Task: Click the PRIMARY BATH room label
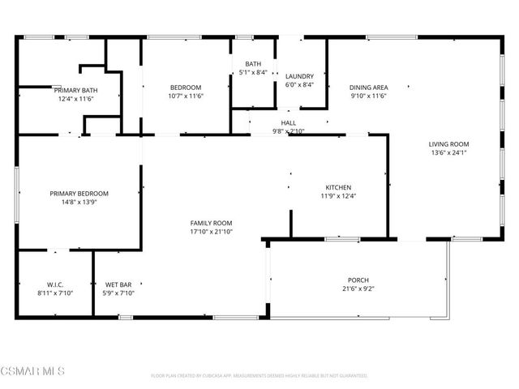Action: (x=76, y=90)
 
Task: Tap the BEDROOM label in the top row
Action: (x=186, y=88)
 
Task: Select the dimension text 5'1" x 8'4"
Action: (x=253, y=72)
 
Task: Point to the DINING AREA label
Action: (x=368, y=88)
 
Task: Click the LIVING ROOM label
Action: (x=448, y=144)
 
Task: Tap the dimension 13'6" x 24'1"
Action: (x=448, y=152)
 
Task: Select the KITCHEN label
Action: (x=338, y=187)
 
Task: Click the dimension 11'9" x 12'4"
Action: (x=338, y=195)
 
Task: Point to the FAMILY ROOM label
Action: (x=211, y=223)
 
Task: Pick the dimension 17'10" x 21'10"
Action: (x=211, y=232)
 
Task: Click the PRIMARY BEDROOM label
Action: (x=79, y=194)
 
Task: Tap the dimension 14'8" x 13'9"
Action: (x=79, y=202)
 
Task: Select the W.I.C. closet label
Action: (x=55, y=284)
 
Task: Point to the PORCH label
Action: (x=358, y=279)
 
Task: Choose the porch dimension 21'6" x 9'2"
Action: (x=358, y=288)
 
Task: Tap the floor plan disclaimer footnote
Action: (x=259, y=376)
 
